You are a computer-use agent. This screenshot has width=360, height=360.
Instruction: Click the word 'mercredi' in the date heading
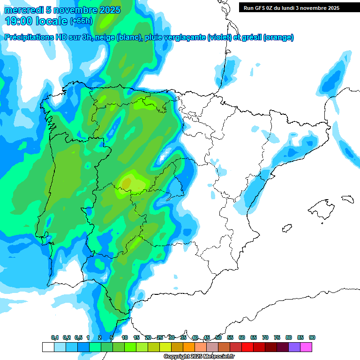coord(23,10)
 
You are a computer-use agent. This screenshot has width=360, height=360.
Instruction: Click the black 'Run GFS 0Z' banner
coord(295,7)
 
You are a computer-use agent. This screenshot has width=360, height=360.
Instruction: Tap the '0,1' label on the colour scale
coord(55,337)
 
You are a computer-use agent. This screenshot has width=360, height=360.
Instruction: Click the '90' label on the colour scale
coord(312,337)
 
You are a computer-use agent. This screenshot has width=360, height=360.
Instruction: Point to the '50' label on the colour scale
coord(218,337)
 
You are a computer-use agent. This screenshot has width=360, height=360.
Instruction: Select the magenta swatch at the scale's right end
coord(306,347)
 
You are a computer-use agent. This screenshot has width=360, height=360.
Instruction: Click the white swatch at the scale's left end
coord(48,347)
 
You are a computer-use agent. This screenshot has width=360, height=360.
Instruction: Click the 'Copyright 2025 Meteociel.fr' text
coord(199,357)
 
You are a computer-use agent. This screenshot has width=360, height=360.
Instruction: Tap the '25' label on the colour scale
coord(160,337)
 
